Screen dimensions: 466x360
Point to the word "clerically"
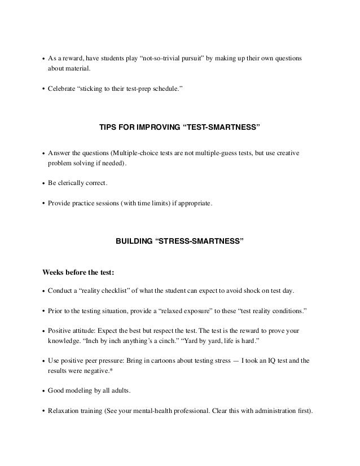click(x=76, y=184)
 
